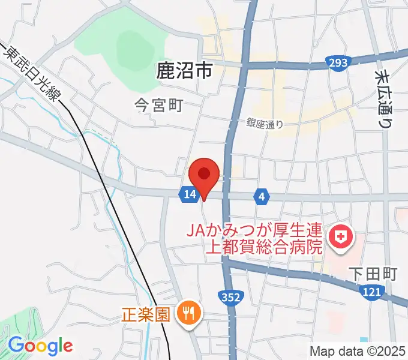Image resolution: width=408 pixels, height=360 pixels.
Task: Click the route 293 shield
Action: coord(338,62)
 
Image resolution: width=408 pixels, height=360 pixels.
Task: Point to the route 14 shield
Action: coord(189,194)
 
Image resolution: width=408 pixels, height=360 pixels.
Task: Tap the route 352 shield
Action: coord(231,298)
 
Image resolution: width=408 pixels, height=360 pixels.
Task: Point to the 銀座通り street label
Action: coord(264,124)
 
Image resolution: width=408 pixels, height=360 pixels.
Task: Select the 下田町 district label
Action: coord(373,274)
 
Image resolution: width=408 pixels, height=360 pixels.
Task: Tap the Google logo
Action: coord(40,346)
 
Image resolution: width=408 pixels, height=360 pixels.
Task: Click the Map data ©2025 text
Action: coord(358,350)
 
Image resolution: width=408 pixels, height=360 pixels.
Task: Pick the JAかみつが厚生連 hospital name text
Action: coord(255,230)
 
